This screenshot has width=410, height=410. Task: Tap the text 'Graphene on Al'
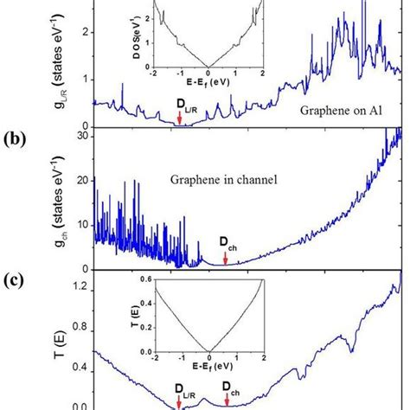coord(338,111)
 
